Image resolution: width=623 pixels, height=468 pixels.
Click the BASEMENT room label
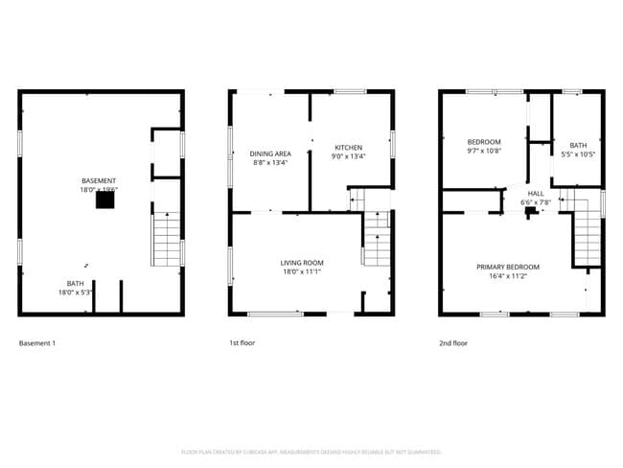click(x=100, y=181)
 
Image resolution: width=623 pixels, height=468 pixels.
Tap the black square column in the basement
click(x=102, y=200)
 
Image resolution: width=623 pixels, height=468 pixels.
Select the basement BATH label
click(x=75, y=283)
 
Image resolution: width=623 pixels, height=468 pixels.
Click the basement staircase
click(x=166, y=240)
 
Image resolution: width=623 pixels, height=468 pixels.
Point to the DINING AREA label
click(x=270, y=153)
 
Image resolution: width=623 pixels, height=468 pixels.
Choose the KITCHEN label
click(x=348, y=148)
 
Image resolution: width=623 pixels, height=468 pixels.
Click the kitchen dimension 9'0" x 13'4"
click(x=348, y=156)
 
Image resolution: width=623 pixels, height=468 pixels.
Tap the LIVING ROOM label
click(x=302, y=262)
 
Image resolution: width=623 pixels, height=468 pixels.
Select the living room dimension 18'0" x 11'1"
click(x=302, y=271)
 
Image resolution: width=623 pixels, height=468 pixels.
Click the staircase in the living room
click(x=377, y=243)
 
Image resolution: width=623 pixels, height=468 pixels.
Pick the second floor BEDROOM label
click(x=484, y=142)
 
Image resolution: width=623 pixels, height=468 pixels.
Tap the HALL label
click(x=536, y=193)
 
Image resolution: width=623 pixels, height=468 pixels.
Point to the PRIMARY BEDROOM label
click(x=508, y=267)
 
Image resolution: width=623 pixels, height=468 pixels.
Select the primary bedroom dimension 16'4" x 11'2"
click(x=508, y=276)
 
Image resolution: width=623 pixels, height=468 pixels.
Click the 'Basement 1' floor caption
click(x=37, y=342)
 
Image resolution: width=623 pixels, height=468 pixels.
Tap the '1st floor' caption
click(x=242, y=342)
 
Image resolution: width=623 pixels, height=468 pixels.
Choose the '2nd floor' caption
click(x=453, y=342)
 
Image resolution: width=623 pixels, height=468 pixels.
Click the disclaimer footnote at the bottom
click(x=311, y=451)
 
